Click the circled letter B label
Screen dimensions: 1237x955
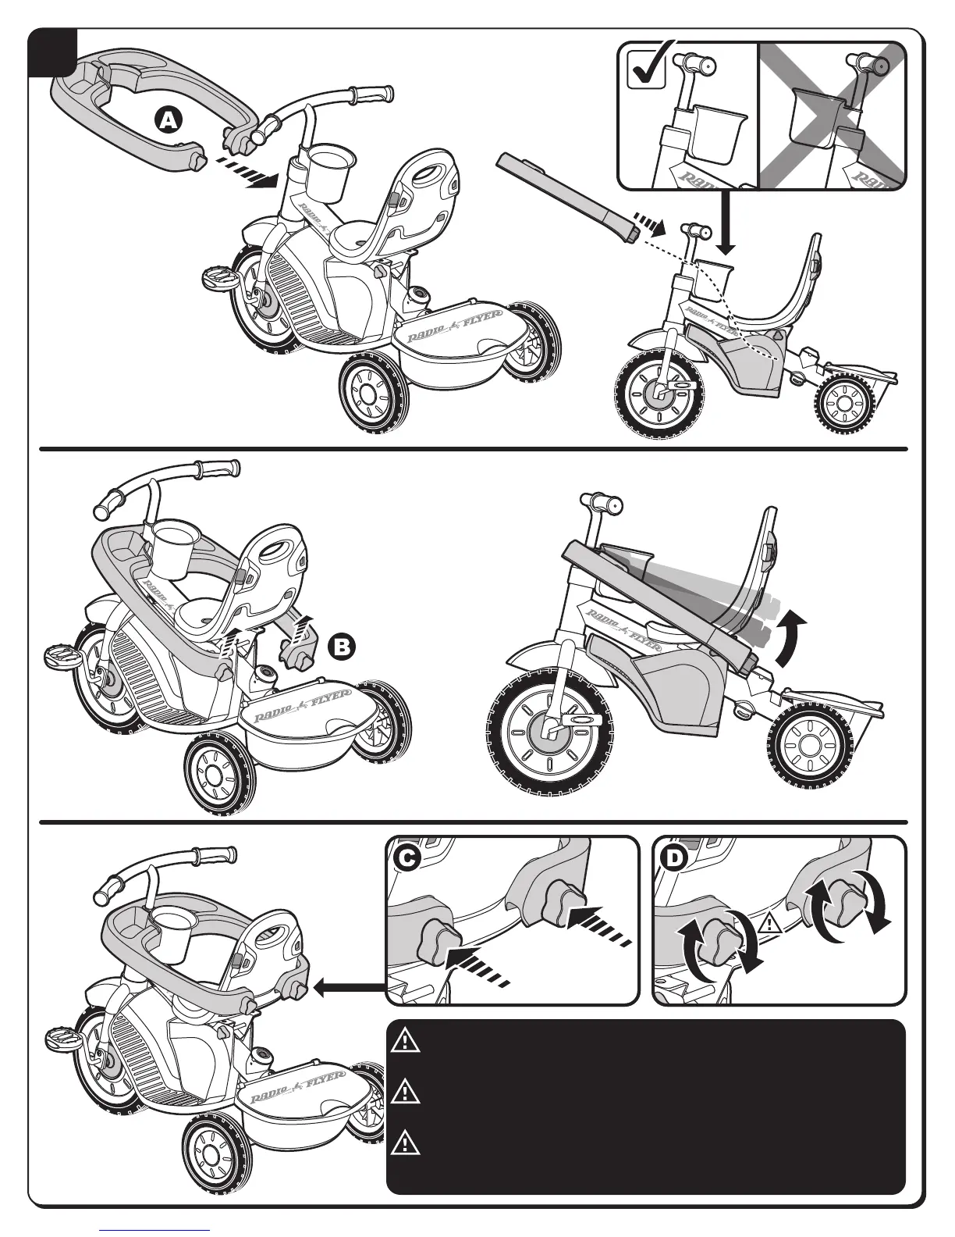point(341,647)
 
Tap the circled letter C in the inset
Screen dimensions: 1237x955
point(405,857)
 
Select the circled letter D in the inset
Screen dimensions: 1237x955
point(671,857)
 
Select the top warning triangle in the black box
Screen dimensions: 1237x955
point(406,1042)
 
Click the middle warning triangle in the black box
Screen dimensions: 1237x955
point(406,1091)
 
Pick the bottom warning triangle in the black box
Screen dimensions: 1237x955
point(406,1143)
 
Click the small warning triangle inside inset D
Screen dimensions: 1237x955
point(770,925)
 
